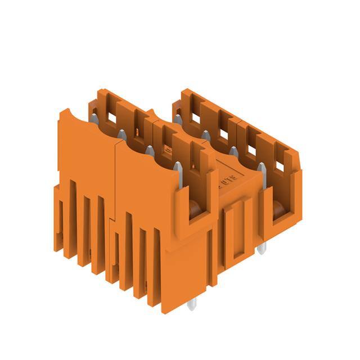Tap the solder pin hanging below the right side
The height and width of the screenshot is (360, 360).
260,248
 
